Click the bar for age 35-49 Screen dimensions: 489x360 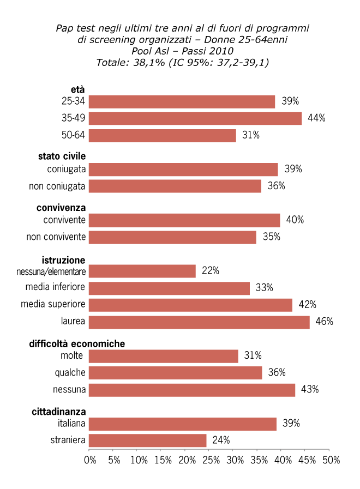tap(195, 118)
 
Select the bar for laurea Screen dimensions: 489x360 tap(199, 322)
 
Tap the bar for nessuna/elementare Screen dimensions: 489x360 tap(142, 271)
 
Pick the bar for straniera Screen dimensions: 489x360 tap(147, 440)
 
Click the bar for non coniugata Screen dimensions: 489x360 tap(175, 186)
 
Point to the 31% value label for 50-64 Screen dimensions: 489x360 tap(250, 135)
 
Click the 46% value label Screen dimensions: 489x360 tap(324, 322)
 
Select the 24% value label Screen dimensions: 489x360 tap(221, 440)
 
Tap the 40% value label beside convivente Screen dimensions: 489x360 tap(295, 220)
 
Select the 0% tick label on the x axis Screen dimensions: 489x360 tap(90, 460)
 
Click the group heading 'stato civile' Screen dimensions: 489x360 tap(62, 156)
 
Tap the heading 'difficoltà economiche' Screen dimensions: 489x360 tap(77, 344)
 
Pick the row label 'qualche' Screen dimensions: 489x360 tap(70, 373)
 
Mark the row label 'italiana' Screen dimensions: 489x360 tap(71, 424)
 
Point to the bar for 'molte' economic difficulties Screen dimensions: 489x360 tap(163, 356)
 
